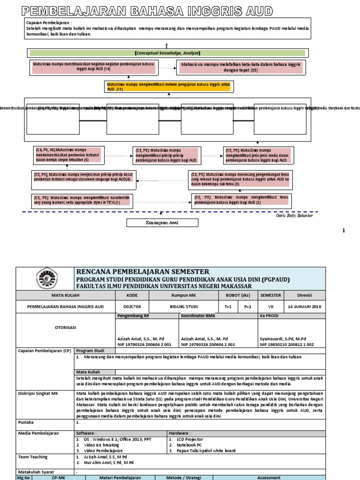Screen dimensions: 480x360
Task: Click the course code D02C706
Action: pyautogui.click(x=132, y=306)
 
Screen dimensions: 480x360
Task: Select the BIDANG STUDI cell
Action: pyautogui.click(x=183, y=306)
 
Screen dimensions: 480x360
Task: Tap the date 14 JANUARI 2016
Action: pyautogui.click(x=303, y=306)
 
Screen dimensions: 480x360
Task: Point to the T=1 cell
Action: pyautogui.click(x=228, y=306)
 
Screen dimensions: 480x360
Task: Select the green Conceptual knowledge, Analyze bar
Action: pyautogui.click(x=167, y=53)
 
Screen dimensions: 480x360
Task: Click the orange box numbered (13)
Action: pyautogui.click(x=167, y=86)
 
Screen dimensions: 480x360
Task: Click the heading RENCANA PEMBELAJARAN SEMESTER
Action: pyautogui.click(x=143, y=272)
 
